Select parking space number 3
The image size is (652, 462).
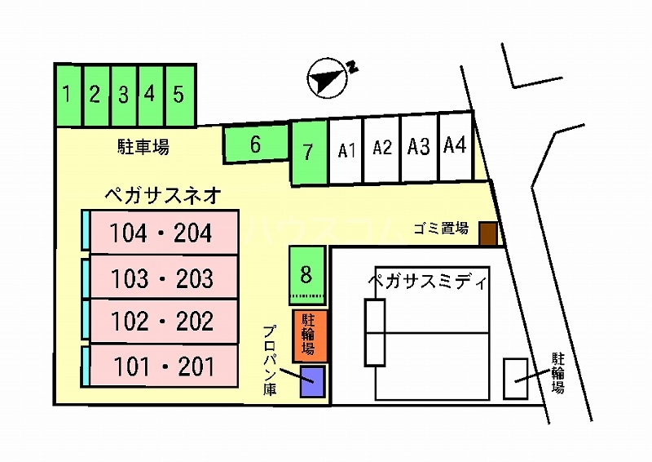tap(123, 96)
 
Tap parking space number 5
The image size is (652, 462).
tap(179, 96)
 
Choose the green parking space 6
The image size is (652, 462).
tap(255, 145)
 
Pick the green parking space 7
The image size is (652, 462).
tap(308, 152)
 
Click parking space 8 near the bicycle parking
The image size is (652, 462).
tap(306, 273)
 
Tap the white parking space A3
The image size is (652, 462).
tap(419, 147)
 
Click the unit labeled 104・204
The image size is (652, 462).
tap(162, 233)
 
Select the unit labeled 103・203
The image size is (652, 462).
tap(162, 278)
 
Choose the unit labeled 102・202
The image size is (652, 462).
tap(162, 322)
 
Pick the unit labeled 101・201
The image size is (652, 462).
tap(162, 366)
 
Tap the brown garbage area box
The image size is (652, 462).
tap(487, 234)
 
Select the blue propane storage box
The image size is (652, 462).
tap(311, 382)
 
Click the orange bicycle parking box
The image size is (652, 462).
tap(310, 335)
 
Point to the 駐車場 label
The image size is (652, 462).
tap(142, 148)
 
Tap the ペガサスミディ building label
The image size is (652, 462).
tap(426, 283)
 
